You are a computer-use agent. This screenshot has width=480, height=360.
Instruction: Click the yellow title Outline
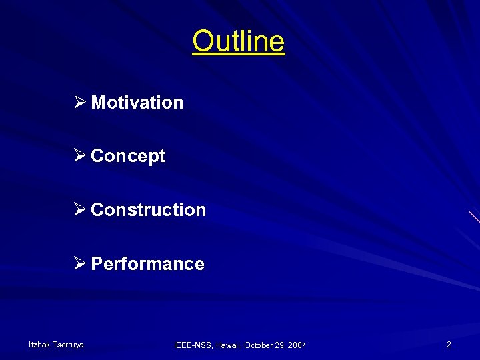click(239, 41)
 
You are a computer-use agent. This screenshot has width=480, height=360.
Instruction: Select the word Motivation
click(137, 103)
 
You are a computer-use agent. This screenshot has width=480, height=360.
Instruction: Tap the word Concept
click(128, 156)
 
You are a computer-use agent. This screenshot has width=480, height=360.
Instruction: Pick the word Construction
click(148, 210)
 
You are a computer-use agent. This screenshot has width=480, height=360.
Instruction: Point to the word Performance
click(147, 264)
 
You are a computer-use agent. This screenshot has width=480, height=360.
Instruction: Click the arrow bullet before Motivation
click(80, 103)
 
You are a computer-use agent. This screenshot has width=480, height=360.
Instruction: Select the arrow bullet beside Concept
click(80, 156)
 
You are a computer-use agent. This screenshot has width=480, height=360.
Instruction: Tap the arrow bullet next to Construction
click(80, 210)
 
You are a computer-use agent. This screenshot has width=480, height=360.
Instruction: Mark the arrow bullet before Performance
click(80, 264)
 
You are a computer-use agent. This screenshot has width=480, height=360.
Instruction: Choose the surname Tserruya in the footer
click(67, 345)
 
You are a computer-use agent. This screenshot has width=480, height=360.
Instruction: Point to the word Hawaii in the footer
click(227, 345)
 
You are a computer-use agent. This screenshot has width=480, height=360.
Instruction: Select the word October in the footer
click(259, 345)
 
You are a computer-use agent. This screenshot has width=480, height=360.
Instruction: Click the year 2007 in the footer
click(298, 345)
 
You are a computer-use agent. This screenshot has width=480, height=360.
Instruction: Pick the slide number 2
click(449, 345)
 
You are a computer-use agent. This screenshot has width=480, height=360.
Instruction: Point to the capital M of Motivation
click(97, 103)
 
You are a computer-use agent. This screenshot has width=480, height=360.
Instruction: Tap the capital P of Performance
click(97, 264)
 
